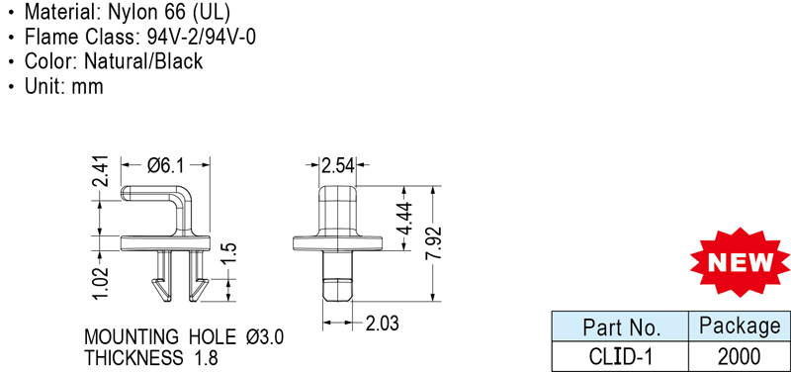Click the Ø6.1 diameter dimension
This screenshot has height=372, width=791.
166,165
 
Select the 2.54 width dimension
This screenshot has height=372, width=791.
338,165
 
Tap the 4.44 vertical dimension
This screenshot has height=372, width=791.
404,219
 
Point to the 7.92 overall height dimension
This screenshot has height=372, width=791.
433,243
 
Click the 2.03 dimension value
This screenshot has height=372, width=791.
382,324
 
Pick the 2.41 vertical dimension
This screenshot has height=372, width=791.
102,170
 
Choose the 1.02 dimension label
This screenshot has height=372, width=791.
102,283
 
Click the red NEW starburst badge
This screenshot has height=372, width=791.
740,262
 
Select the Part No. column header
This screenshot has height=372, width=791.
621,327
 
